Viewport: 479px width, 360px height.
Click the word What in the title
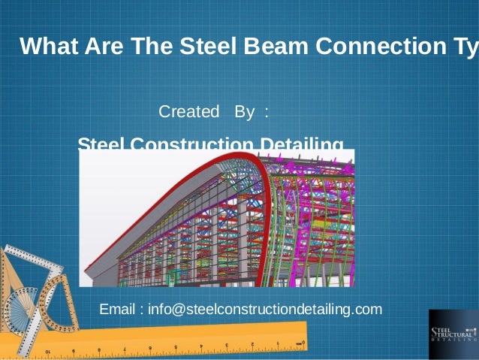click(47, 47)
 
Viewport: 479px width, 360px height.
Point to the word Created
click(185, 112)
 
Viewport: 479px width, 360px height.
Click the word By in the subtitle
click(245, 112)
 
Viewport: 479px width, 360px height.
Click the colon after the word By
click(265, 113)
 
